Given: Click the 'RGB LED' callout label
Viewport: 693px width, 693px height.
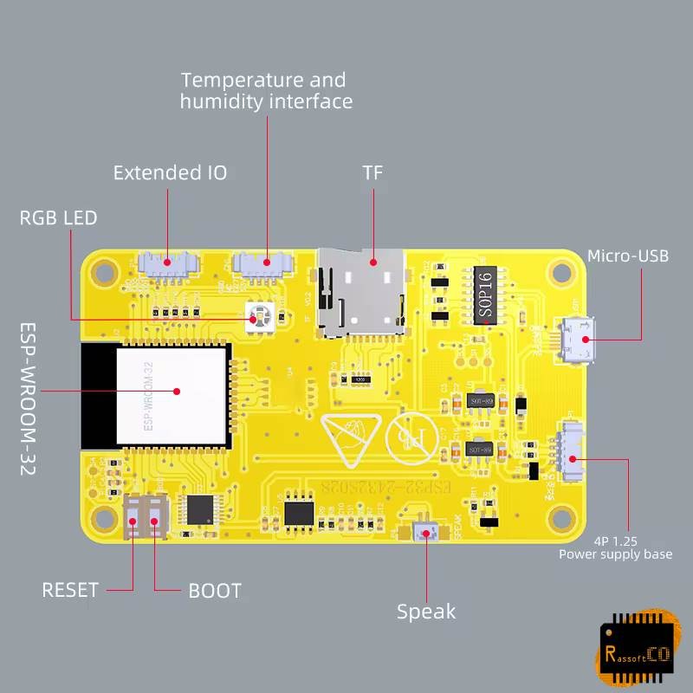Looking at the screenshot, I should [x=59, y=217].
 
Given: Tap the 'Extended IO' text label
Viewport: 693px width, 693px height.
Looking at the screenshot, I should [x=170, y=172].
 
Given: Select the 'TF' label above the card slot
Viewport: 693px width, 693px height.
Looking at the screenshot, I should [x=372, y=172].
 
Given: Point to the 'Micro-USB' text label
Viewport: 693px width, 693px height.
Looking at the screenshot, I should [x=627, y=256].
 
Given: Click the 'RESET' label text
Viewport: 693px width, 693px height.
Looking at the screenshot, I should [x=70, y=590].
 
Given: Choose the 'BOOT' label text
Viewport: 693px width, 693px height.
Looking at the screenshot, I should [x=215, y=592].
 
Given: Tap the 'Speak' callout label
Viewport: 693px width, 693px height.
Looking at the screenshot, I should [x=425, y=612].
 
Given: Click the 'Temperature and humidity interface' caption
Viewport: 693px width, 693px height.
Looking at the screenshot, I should [x=265, y=91].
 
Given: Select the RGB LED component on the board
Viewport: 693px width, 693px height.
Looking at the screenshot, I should [x=255, y=319].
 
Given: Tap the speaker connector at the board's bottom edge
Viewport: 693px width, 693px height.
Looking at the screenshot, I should [x=424, y=533].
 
